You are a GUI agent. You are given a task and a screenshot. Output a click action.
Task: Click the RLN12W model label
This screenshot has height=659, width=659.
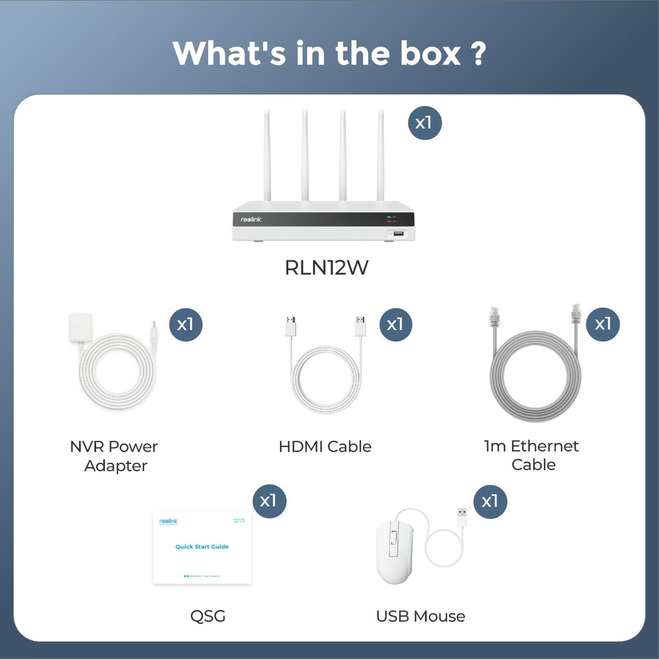pyautogui.click(x=326, y=267)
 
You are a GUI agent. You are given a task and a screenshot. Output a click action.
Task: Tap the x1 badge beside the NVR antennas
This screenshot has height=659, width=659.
pyautogui.click(x=424, y=124)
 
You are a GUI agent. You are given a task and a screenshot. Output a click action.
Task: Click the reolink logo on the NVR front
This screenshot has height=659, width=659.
pyautogui.click(x=251, y=219)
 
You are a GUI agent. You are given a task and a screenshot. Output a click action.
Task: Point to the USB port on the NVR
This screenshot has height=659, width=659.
pyautogui.click(x=399, y=235)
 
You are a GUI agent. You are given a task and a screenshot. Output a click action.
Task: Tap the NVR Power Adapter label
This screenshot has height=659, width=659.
pyautogui.click(x=115, y=456)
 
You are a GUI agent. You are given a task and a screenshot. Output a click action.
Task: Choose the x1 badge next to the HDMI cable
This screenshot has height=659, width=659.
pyautogui.click(x=395, y=324)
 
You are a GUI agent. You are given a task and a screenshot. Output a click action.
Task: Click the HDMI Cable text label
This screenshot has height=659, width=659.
pyautogui.click(x=325, y=446)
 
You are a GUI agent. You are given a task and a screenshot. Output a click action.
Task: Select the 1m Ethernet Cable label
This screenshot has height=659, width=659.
pyautogui.click(x=532, y=455)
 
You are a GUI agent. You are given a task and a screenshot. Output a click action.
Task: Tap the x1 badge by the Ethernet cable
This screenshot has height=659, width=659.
pyautogui.click(x=602, y=324)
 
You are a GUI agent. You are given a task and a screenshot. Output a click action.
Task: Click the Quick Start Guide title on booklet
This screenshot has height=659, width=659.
pyautogui.click(x=202, y=546)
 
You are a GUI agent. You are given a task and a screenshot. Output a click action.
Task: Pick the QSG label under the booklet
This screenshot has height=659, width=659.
pyautogui.click(x=208, y=616)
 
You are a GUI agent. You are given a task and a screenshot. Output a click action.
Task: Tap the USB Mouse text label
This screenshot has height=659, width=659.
pyautogui.click(x=420, y=616)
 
